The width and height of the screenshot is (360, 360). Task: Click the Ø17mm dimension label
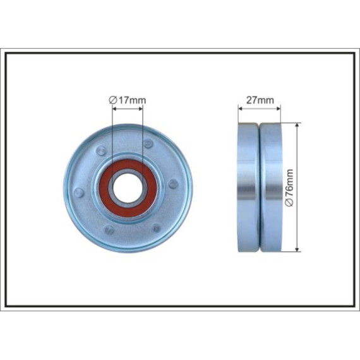coord(127,100)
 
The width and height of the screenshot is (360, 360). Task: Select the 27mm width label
coord(260,100)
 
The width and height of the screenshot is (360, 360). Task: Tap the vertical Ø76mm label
coord(289,188)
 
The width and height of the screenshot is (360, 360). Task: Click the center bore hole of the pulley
coord(128,188)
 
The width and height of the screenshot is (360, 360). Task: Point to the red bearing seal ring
coord(128,188)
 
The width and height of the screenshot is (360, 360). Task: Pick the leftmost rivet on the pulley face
coord(79,193)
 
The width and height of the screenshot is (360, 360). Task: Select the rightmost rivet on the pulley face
coord(173,184)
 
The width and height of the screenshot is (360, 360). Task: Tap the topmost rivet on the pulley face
coord(148,143)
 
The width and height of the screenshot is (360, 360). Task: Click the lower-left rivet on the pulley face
coord(109,230)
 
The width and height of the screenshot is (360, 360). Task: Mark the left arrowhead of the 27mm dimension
coord(241,109)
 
